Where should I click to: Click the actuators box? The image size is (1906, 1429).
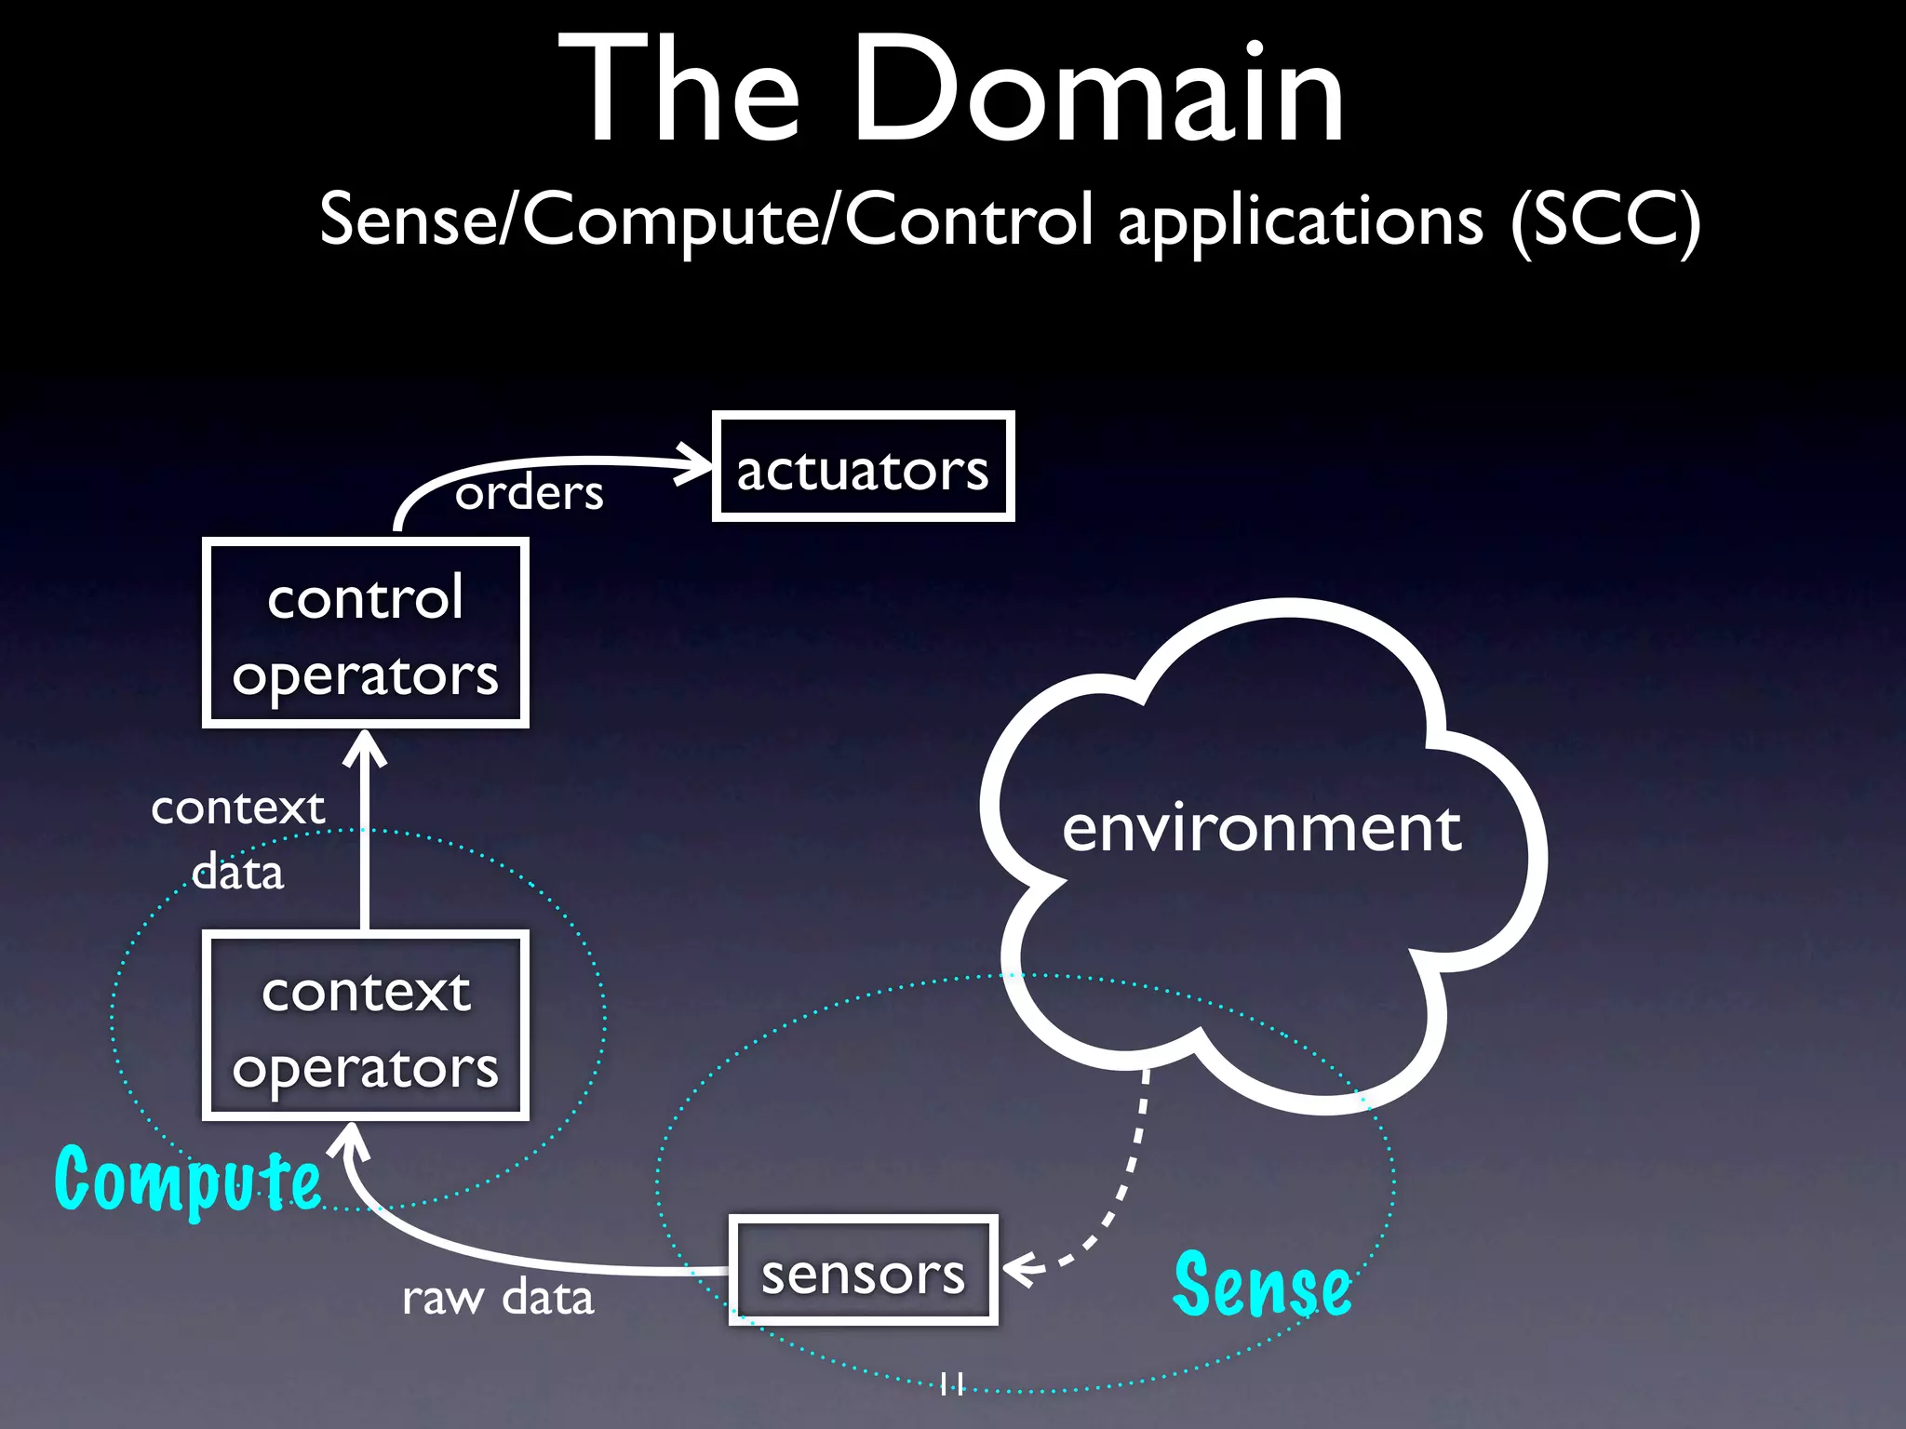point(863,466)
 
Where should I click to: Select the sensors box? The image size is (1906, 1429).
point(863,1271)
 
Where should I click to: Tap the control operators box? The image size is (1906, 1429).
point(366,634)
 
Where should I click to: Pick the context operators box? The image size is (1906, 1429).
point(366,1026)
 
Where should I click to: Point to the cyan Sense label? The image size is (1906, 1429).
point(1261,1286)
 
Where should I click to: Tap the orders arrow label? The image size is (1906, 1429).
point(529,492)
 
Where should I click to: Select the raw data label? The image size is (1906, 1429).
point(498,1297)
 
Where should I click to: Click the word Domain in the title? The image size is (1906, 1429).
point(1098,90)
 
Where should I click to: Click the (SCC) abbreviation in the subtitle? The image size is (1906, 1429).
point(1605,221)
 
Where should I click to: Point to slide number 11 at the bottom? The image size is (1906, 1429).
point(952,1383)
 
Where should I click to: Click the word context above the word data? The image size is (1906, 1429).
point(238,808)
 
